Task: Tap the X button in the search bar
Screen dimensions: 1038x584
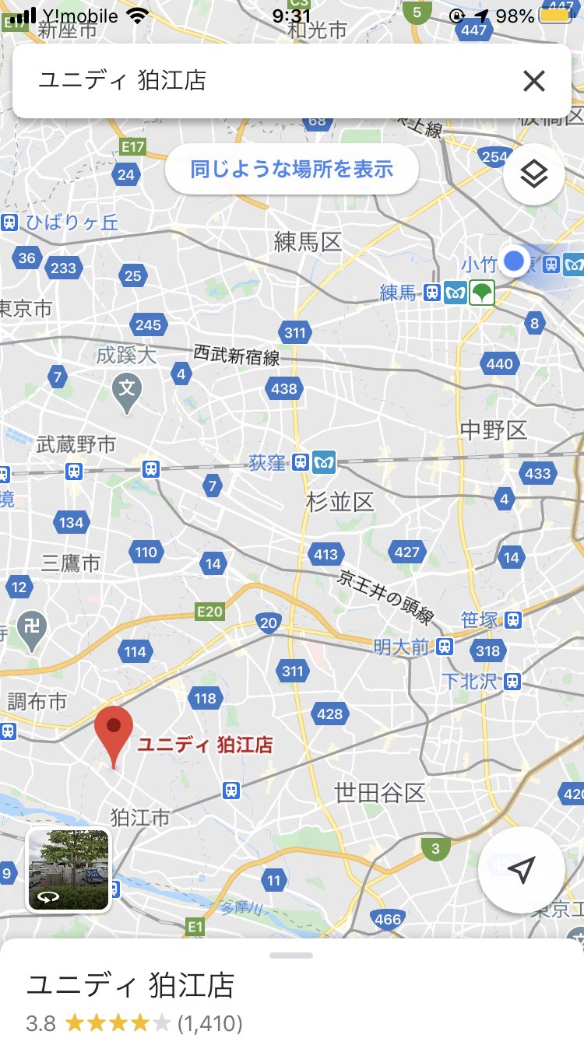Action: [x=534, y=81]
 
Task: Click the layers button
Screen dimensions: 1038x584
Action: [x=533, y=174]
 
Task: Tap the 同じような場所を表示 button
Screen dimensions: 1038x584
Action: [x=292, y=169]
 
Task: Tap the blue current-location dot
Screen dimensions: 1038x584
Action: [x=514, y=261]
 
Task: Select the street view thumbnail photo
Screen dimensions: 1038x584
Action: [x=69, y=870]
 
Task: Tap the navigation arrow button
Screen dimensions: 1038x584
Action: [x=521, y=869]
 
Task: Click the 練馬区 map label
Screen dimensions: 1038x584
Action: [x=308, y=242]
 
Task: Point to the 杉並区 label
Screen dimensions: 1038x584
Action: [x=340, y=502]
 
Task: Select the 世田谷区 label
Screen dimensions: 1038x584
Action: [x=380, y=793]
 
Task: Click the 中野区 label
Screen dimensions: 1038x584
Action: [x=494, y=430]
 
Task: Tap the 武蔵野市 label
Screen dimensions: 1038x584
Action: [x=76, y=444]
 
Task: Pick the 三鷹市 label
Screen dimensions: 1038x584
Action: [x=71, y=563]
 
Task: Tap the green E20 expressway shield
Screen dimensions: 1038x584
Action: [x=209, y=612]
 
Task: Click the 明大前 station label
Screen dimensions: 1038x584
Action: [x=401, y=647]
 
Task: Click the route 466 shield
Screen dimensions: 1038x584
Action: [x=388, y=919]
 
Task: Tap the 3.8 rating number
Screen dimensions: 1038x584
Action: [x=41, y=1022]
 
